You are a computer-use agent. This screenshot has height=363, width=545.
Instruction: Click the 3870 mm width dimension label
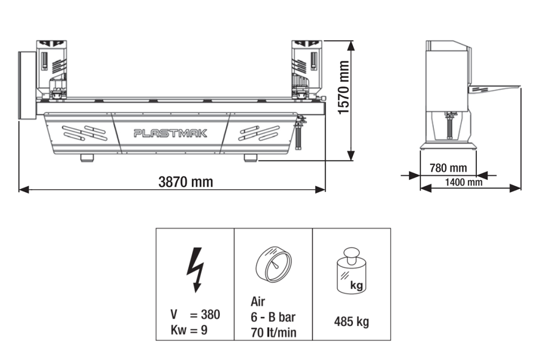pos(186,182)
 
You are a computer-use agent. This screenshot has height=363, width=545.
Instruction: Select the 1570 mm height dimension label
pos(344,88)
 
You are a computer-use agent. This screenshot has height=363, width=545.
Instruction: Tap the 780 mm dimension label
pos(448,168)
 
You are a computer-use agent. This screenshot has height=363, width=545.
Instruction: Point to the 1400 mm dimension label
pos(464,182)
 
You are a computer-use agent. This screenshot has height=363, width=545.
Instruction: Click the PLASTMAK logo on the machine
pos(170,133)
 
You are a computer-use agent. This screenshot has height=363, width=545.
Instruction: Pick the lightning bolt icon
pos(195,269)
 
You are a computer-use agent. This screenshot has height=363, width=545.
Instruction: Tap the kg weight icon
pos(351,270)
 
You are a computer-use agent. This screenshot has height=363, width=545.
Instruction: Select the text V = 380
pos(195,315)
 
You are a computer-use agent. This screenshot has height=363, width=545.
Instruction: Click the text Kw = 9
pos(189,330)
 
